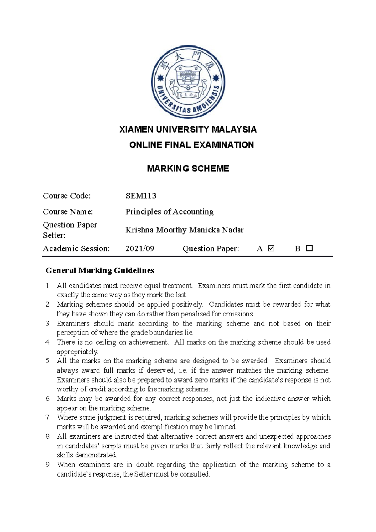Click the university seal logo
point(188,82)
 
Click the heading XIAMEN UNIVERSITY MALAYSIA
point(188,129)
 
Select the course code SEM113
point(141,196)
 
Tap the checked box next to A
point(271,248)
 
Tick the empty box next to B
point(310,248)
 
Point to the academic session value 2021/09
point(140,249)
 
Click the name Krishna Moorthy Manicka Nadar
point(184,230)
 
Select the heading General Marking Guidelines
point(100,270)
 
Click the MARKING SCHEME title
point(188,169)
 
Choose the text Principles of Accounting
point(170,212)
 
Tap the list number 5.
point(48,361)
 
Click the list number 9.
point(48,465)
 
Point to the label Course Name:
point(68,212)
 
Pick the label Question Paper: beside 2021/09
point(211,249)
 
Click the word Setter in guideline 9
point(143,474)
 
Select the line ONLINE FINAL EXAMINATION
point(191,145)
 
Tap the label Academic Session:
point(76,249)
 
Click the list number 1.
point(48,286)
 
